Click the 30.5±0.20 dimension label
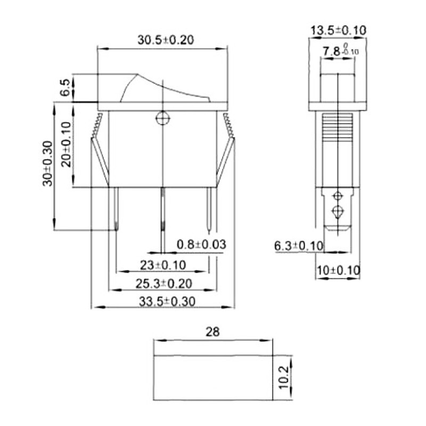166,40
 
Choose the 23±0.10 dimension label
163,265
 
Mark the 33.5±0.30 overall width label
167,301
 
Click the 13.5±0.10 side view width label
338,30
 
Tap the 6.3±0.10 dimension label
299,245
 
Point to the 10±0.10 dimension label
338,271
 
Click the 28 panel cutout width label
212,332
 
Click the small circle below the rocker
162,119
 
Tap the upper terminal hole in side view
337,195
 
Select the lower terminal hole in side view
337,212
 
